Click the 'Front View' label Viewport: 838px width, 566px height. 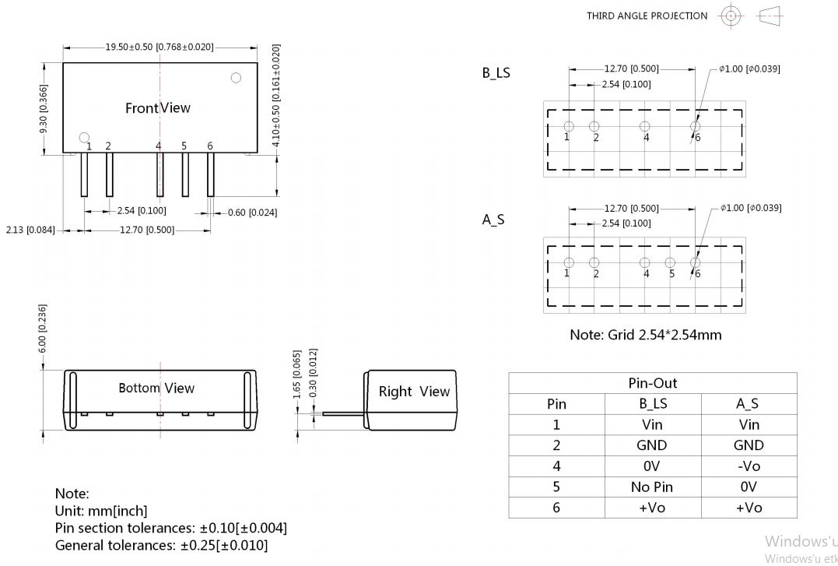[157, 108]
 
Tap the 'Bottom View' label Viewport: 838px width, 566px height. [156, 388]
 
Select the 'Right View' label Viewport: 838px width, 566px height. [414, 392]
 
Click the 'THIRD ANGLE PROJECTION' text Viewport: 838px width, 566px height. [647, 16]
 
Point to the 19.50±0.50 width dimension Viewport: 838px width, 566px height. [160, 47]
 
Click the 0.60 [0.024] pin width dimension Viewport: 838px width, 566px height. [252, 213]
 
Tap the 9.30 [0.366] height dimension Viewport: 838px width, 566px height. [44, 108]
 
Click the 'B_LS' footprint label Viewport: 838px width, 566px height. [496, 73]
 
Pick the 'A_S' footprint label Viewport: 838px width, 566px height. [493, 220]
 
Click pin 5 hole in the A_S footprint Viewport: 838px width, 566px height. [670, 263]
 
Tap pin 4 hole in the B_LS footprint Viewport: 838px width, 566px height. [645, 127]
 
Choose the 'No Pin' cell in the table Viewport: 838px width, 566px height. [652, 487]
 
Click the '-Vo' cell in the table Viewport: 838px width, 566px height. [749, 466]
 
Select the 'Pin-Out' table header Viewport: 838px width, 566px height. [652, 383]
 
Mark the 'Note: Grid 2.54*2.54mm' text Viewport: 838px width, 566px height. [645, 335]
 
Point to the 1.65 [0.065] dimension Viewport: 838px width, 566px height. [297, 374]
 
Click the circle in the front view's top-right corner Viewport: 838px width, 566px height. [236, 78]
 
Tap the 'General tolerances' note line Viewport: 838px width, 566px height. [161, 545]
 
